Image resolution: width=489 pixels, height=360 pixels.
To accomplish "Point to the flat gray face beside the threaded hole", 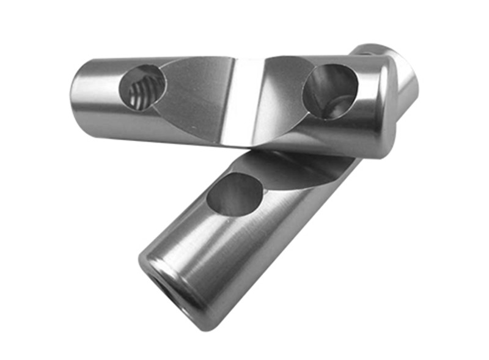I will coord(193,98).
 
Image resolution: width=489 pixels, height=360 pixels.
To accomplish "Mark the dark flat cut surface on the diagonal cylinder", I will coord(293,168).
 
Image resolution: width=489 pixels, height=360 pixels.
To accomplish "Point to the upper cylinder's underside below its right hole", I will coord(330,138).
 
